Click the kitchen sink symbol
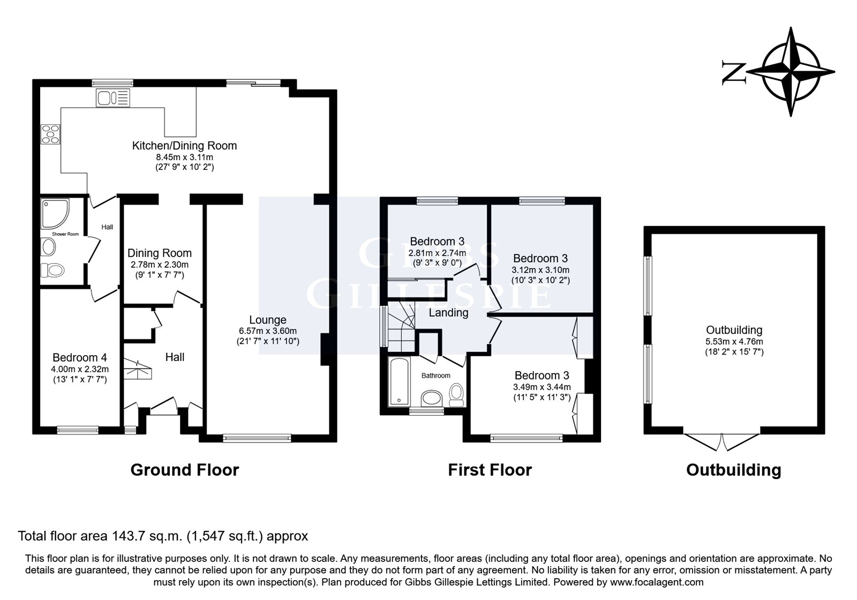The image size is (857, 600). tap(113, 97)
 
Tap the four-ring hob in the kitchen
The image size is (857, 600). tap(51, 134)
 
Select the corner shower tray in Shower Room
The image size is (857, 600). tap(55, 213)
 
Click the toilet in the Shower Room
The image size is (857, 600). tap(52, 271)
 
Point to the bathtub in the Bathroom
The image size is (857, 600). tap(399, 381)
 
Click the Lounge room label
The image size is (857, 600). tap(268, 320)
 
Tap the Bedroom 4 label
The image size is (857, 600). tap(80, 357)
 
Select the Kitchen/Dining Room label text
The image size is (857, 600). tap(184, 145)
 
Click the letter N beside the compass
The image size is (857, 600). tap(734, 72)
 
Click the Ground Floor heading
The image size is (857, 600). tap(185, 470)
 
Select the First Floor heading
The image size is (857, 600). tap(490, 470)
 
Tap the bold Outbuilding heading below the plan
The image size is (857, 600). tap(734, 470)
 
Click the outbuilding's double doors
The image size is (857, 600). tap(721, 441)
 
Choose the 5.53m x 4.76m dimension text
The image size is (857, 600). tap(734, 341)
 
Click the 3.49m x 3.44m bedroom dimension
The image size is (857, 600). tap(542, 387)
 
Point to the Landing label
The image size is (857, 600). tap(448, 313)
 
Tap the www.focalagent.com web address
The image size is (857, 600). tap(657, 582)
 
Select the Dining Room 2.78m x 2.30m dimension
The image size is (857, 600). tap(160, 265)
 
